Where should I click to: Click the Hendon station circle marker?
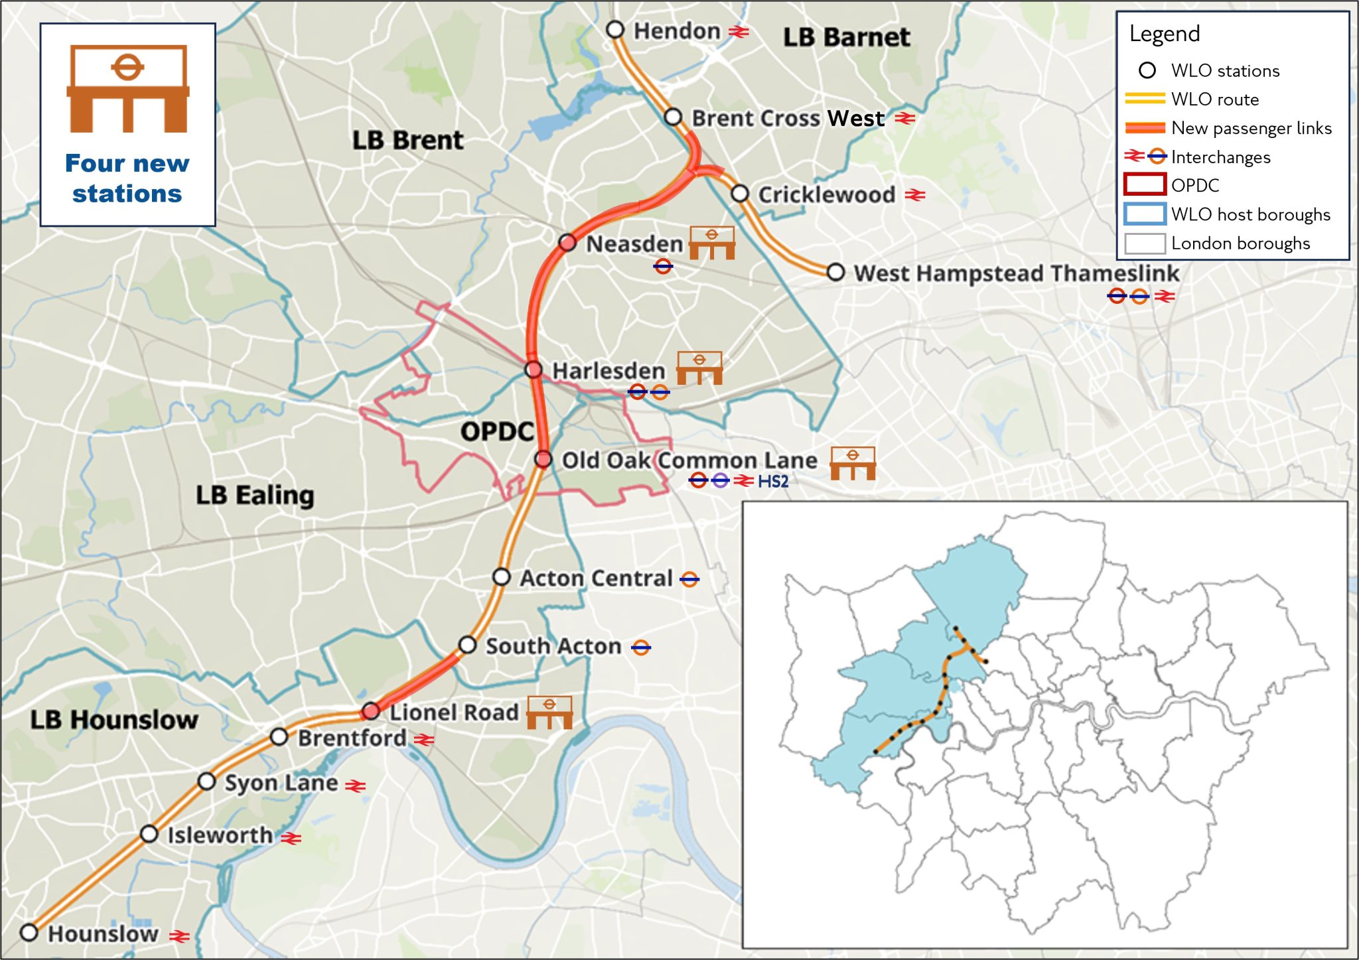point(615,30)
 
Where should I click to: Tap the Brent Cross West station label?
point(788,118)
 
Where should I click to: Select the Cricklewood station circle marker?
point(740,194)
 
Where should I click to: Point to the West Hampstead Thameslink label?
point(1016,273)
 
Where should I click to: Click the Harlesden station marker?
point(534,370)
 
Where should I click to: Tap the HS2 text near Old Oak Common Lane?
point(773,481)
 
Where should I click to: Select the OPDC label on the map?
point(497,431)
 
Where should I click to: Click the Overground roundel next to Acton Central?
point(689,579)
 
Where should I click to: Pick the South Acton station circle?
point(468,645)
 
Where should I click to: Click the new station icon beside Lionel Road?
point(549,713)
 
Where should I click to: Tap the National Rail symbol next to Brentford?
point(424,739)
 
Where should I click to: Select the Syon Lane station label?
point(281,783)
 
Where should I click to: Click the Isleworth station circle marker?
point(149,834)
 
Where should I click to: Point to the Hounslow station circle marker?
point(29,932)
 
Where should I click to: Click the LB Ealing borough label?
point(255,495)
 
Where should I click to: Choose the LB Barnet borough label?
point(846,37)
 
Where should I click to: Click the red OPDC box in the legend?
point(1145,184)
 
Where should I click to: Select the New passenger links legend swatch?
point(1145,127)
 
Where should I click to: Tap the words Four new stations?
point(127,178)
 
